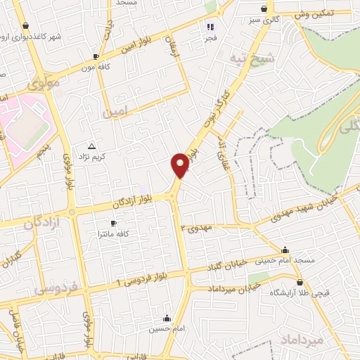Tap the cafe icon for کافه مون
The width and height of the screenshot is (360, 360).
click(x=96, y=57)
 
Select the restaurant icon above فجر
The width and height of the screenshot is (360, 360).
click(x=209, y=26)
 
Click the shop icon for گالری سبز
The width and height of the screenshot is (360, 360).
click(x=263, y=9)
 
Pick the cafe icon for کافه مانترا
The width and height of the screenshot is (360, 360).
click(x=114, y=223)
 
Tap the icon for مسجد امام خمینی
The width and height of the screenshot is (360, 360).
click(x=285, y=250)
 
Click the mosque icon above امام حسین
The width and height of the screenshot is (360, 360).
click(x=167, y=318)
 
